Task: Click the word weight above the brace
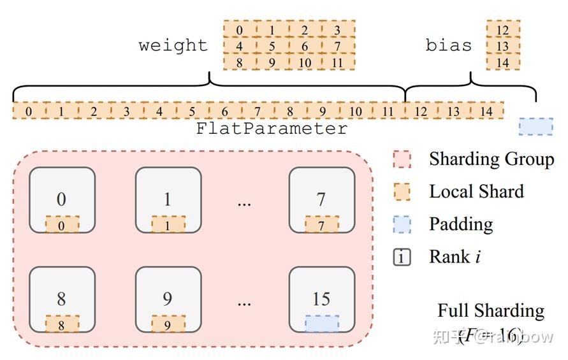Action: [173, 46]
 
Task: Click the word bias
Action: [449, 46]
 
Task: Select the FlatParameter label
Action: [272, 129]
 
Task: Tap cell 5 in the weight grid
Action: [272, 46]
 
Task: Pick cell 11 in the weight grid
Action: [337, 62]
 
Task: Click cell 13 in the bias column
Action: [502, 46]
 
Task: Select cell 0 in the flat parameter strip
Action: [29, 112]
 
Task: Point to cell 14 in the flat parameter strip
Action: [486, 112]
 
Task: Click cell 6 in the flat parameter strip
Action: [224, 112]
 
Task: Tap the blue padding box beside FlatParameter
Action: [535, 127]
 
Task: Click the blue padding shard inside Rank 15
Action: [322, 324]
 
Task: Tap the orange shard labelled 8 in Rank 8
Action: [62, 324]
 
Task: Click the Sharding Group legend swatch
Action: [402, 159]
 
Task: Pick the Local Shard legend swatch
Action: [402, 192]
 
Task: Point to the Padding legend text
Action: [460, 224]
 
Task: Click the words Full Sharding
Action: [490, 311]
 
